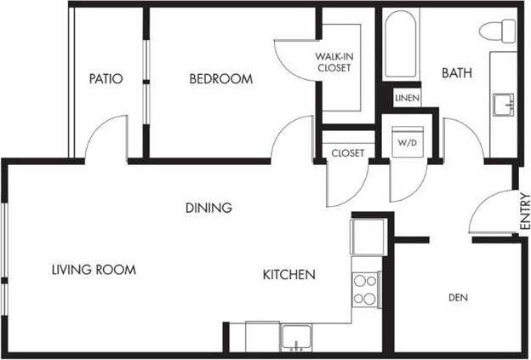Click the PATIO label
(106, 79)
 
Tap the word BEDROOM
(220, 79)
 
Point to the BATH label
(456, 74)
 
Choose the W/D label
(406, 143)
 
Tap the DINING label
(208, 207)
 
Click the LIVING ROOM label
(94, 270)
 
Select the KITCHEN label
(288, 275)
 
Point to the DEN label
(459, 297)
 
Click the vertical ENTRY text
(523, 212)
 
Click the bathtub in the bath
(397, 44)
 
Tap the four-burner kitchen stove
(365, 289)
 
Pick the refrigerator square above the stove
(368, 236)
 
